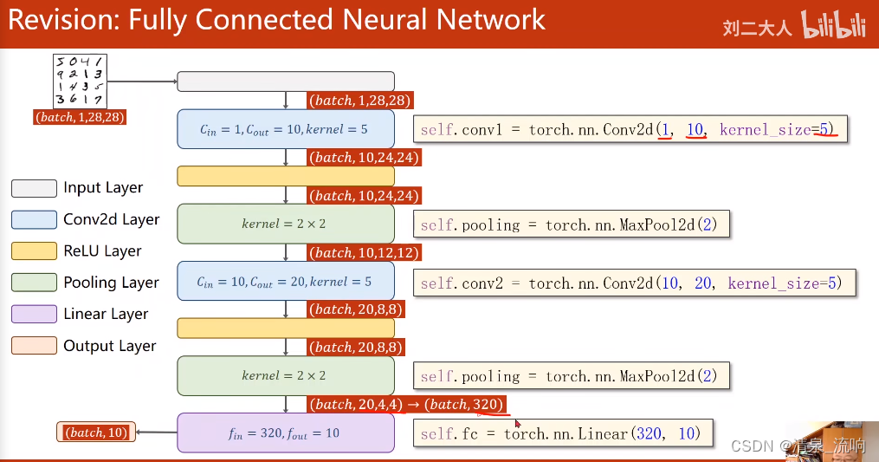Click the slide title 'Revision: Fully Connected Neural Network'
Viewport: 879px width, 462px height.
point(277,20)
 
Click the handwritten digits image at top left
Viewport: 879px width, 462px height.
point(80,81)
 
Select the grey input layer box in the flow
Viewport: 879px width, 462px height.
point(285,81)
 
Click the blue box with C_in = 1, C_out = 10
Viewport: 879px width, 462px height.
point(285,129)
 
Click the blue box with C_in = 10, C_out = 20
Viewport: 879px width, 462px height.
point(285,282)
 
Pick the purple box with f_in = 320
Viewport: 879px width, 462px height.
point(285,433)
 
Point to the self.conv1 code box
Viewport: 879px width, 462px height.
point(630,130)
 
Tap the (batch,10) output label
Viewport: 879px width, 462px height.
point(96,432)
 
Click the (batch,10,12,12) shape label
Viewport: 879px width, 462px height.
point(359,253)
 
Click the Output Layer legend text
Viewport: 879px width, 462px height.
point(109,346)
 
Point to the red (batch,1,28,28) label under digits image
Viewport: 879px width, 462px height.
point(81,116)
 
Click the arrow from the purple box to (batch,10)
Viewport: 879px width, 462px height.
point(157,432)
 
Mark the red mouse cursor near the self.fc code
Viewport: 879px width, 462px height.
point(518,424)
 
